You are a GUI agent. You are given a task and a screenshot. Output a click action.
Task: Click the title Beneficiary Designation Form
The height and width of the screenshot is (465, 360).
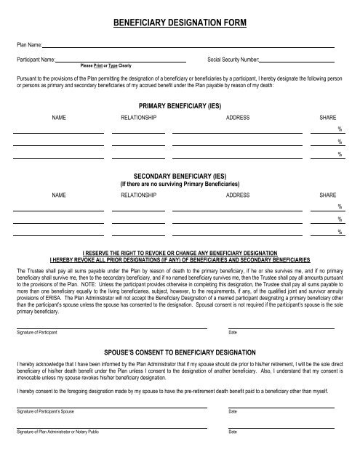pyautogui.click(x=180, y=24)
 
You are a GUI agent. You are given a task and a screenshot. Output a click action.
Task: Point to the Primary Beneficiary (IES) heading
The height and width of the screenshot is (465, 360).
pyautogui.click(x=180, y=105)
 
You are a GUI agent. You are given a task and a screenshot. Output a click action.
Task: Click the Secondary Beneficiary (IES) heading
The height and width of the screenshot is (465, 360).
pyautogui.click(x=180, y=176)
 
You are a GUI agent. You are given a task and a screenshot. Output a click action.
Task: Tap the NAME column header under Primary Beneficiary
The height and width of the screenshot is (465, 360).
pyautogui.click(x=60, y=117)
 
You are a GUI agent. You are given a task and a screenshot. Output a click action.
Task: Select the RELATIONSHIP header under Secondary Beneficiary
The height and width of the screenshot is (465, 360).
pyautogui.click(x=138, y=195)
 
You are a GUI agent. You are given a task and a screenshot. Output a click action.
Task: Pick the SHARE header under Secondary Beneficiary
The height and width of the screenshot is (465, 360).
pyautogui.click(x=328, y=195)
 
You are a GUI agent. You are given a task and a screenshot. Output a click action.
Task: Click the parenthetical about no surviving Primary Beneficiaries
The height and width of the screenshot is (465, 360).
pyautogui.click(x=180, y=184)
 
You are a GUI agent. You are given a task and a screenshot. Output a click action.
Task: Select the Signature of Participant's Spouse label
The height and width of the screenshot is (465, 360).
pyautogui.click(x=45, y=411)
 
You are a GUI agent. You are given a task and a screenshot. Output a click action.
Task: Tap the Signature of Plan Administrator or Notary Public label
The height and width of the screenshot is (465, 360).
pyautogui.click(x=59, y=432)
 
